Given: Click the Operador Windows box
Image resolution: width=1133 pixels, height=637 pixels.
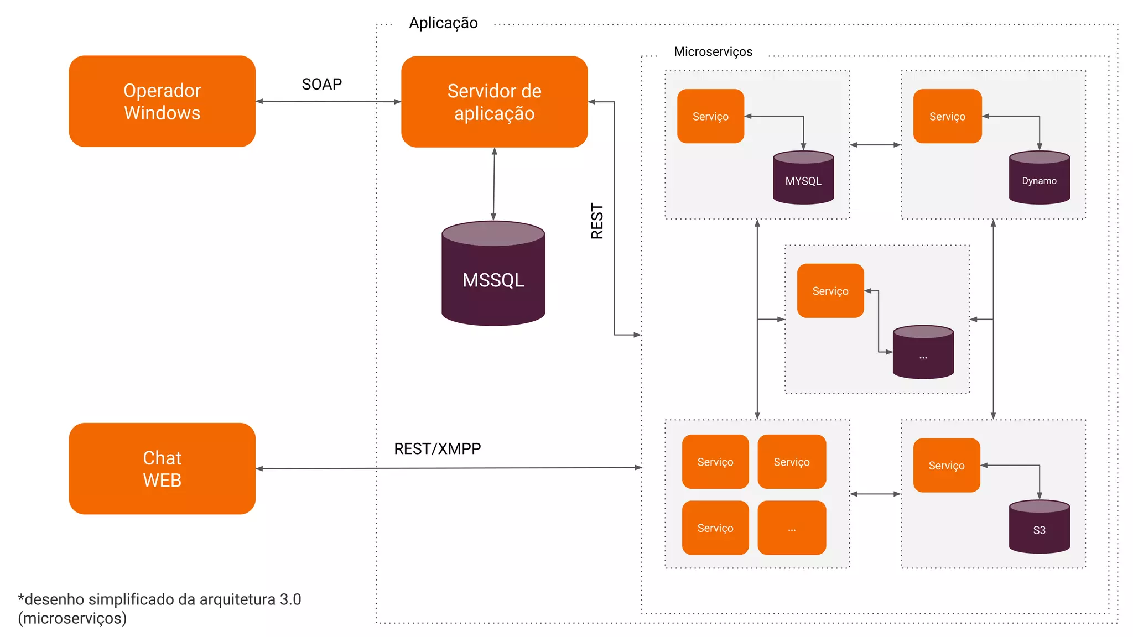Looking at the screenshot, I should [x=162, y=101].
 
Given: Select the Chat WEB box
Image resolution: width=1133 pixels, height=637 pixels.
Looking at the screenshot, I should [x=162, y=468].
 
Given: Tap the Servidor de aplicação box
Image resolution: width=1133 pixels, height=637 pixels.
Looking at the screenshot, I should [x=494, y=102].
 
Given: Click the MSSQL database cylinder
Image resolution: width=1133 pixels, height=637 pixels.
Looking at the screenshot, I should [x=493, y=274].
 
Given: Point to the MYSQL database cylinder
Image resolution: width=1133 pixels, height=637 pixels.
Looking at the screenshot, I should [x=803, y=178].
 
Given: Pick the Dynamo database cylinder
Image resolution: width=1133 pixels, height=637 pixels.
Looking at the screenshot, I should [x=1039, y=178].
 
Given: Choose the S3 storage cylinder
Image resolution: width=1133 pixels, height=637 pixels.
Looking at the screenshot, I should [x=1039, y=527].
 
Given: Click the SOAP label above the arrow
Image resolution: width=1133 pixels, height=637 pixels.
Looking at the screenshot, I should [x=321, y=84].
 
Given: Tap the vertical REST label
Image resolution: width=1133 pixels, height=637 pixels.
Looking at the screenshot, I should [x=597, y=221].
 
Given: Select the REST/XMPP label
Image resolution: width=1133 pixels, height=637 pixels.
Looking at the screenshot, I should [x=437, y=448].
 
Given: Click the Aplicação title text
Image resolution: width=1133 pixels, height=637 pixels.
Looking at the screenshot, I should [x=443, y=23].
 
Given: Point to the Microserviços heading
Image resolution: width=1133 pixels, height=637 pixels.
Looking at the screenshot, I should [x=713, y=52].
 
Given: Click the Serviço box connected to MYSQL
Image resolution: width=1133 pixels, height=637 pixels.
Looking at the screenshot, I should [x=710, y=116].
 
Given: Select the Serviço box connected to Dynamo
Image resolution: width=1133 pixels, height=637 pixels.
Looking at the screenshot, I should [x=947, y=116].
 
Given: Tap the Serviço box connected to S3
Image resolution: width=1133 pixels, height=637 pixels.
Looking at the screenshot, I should [x=946, y=466].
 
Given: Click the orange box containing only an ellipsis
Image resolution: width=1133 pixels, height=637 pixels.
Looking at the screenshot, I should [x=791, y=528].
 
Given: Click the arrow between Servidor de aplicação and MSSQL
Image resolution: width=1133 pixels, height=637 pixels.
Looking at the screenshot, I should [x=493, y=184].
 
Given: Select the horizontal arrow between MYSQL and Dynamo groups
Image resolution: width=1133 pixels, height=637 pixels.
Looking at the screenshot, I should [x=875, y=145].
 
